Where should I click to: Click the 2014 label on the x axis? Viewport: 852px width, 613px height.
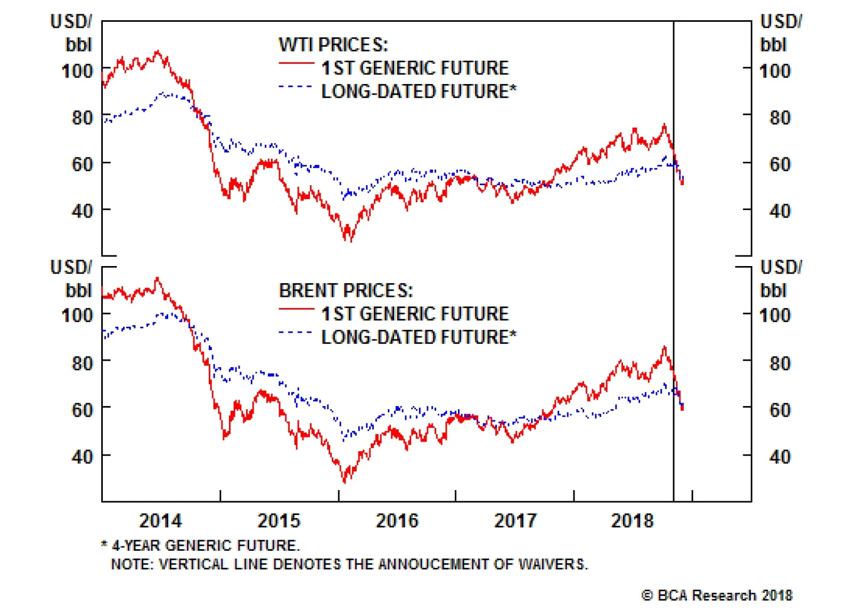(160, 520)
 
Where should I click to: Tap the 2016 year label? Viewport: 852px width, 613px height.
(397, 520)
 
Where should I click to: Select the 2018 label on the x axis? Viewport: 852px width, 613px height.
(632, 520)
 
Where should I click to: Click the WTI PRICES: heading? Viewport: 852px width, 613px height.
(333, 45)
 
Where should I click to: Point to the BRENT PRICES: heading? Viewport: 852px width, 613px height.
(346, 291)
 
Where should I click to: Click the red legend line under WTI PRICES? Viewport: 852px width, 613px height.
(297, 64)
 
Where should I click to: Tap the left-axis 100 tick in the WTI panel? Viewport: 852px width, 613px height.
(77, 71)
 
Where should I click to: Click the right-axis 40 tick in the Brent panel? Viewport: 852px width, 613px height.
(780, 457)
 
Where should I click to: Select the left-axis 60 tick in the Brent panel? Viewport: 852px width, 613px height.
(82, 410)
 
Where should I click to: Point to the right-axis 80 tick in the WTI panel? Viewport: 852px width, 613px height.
(780, 118)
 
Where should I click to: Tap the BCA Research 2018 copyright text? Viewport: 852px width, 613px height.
(717, 595)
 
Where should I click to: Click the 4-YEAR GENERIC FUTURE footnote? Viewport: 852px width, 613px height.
(206, 545)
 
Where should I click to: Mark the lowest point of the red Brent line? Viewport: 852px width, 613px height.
(344, 482)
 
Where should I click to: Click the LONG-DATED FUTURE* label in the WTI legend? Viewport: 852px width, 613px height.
(419, 92)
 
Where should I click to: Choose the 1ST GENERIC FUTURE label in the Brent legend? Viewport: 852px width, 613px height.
(415, 314)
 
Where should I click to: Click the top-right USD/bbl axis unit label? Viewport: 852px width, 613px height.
(780, 33)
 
